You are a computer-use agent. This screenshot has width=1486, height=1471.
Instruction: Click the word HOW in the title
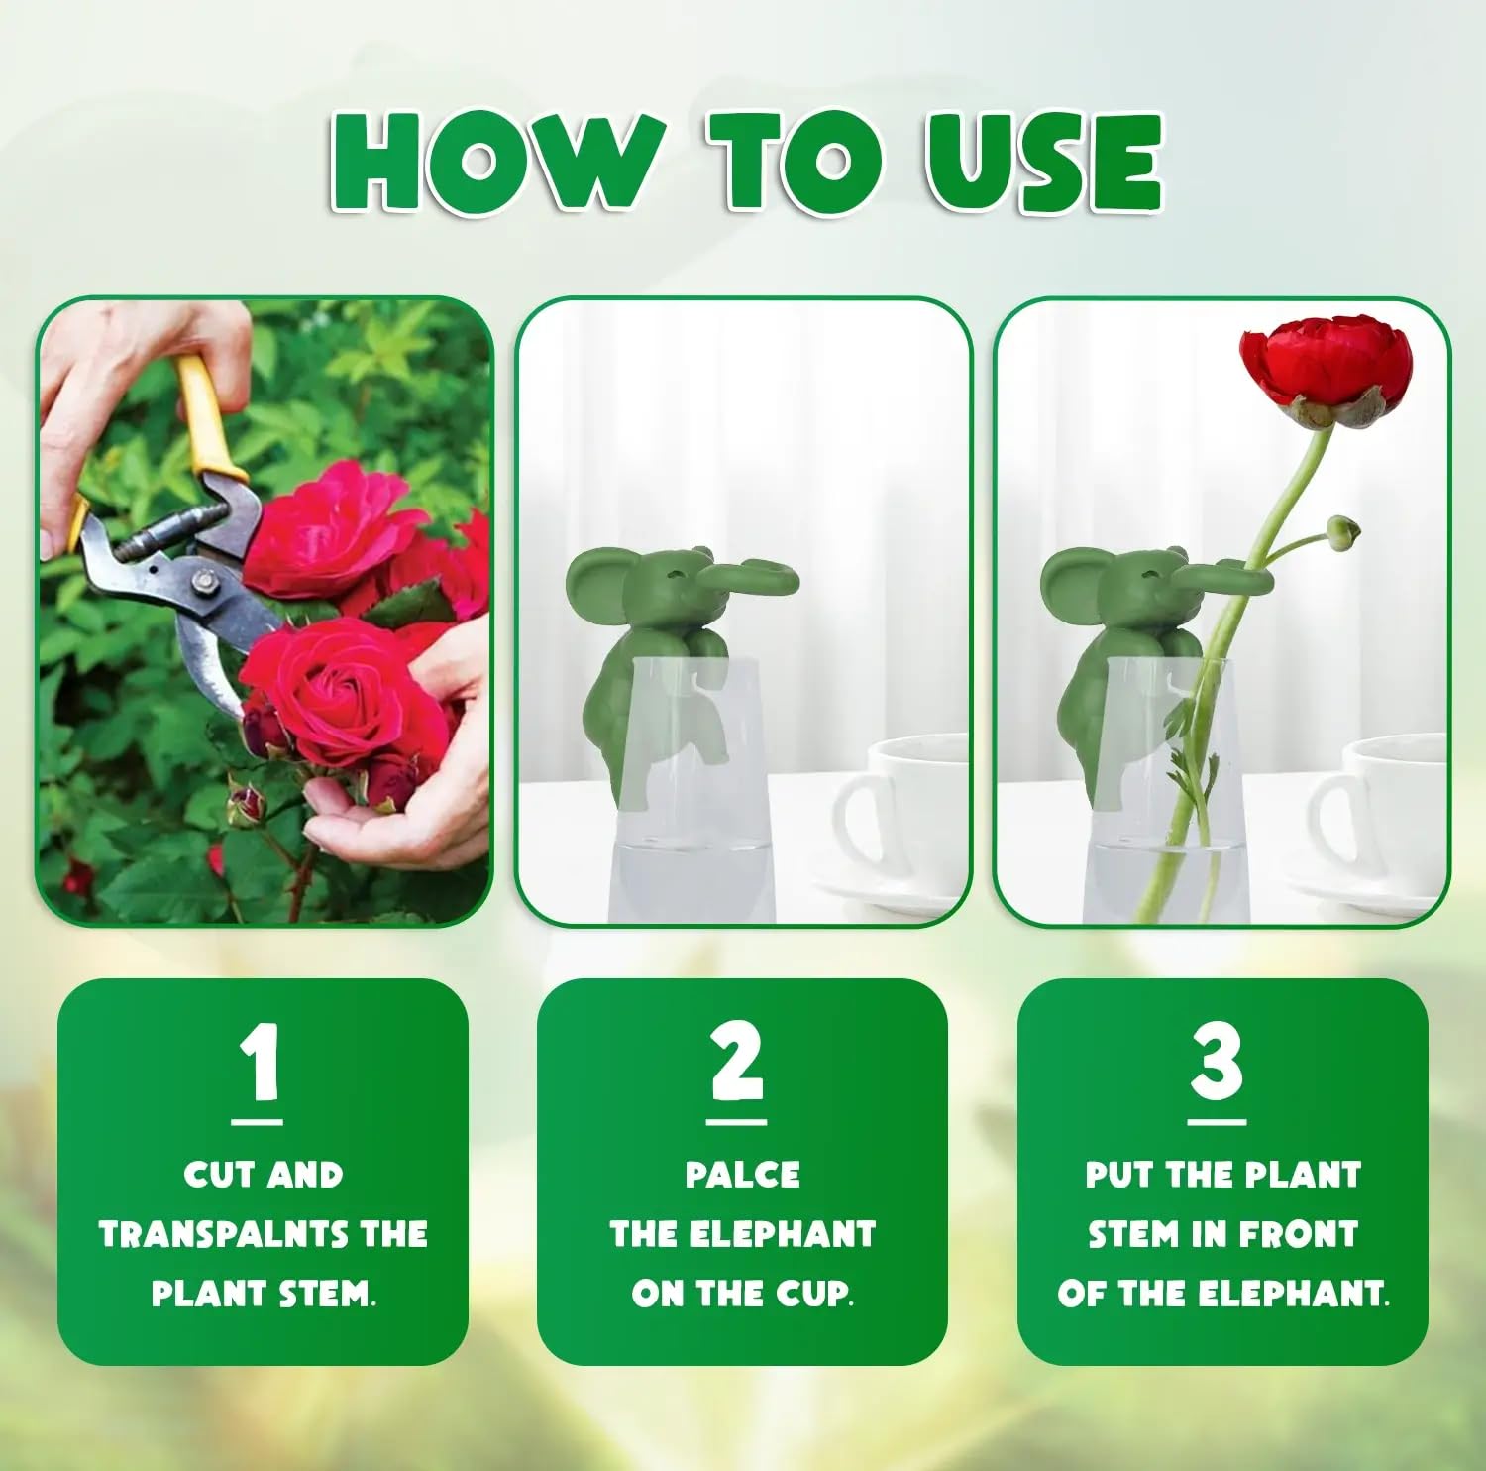(496, 161)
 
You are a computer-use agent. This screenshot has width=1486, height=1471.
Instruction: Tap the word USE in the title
(1045, 162)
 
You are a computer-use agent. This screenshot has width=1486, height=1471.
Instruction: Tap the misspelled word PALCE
(743, 1174)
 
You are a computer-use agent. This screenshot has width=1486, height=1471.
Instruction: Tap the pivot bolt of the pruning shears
(204, 580)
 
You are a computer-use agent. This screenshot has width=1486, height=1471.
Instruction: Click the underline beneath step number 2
(736, 1123)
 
